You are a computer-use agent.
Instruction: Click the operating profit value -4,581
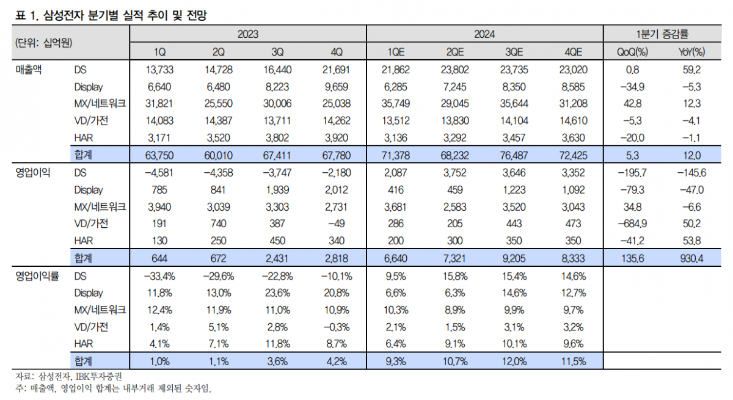coord(159,173)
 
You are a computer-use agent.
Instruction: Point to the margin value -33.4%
coord(159,276)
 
